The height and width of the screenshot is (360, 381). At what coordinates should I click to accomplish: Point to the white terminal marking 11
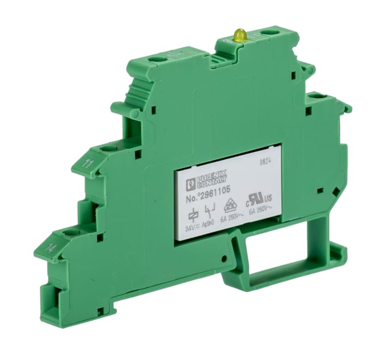coord(87,163)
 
